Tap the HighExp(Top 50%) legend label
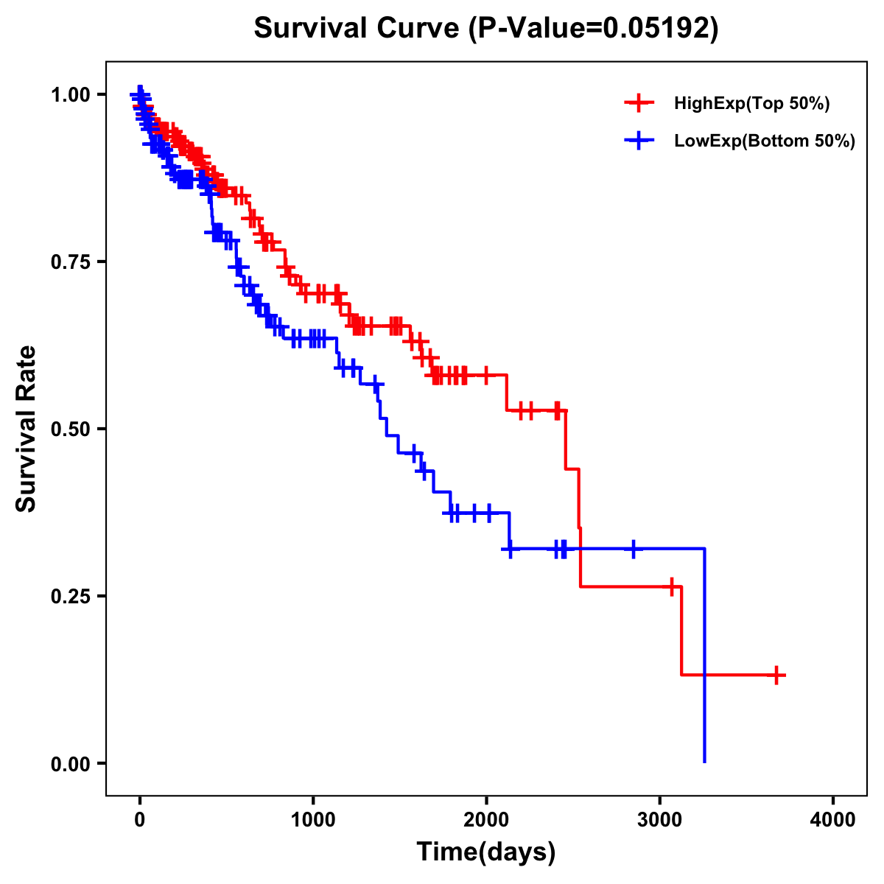pyautogui.click(x=751, y=104)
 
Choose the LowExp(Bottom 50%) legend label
pyautogui.click(x=765, y=141)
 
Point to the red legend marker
pyautogui.click(x=639, y=104)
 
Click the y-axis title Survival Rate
pyautogui.click(x=27, y=428)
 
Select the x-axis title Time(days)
pyautogui.click(x=486, y=852)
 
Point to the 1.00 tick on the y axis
pyautogui.click(x=70, y=94)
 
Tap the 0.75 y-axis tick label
pyautogui.click(x=70, y=262)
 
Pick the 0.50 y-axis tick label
pyautogui.click(x=70, y=429)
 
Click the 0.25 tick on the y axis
pyautogui.click(x=70, y=596)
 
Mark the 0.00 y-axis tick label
pyautogui.click(x=70, y=763)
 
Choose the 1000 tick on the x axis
pyautogui.click(x=313, y=820)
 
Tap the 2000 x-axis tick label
pyautogui.click(x=486, y=820)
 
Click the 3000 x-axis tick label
pyautogui.click(x=660, y=820)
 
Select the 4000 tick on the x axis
pyautogui.click(x=833, y=820)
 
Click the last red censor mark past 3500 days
pyautogui.click(x=776, y=675)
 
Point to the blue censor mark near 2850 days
pyautogui.click(x=633, y=549)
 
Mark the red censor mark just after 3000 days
pyautogui.click(x=671, y=587)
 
